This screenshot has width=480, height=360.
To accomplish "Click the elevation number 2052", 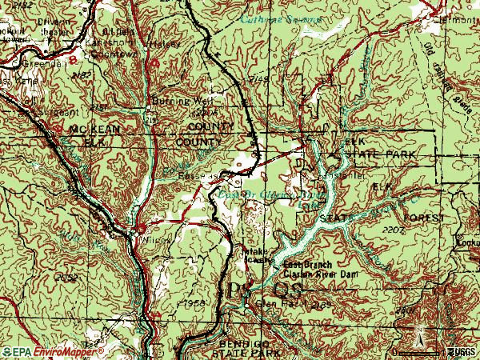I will [68, 276].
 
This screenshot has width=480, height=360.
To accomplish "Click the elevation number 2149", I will [258, 80].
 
